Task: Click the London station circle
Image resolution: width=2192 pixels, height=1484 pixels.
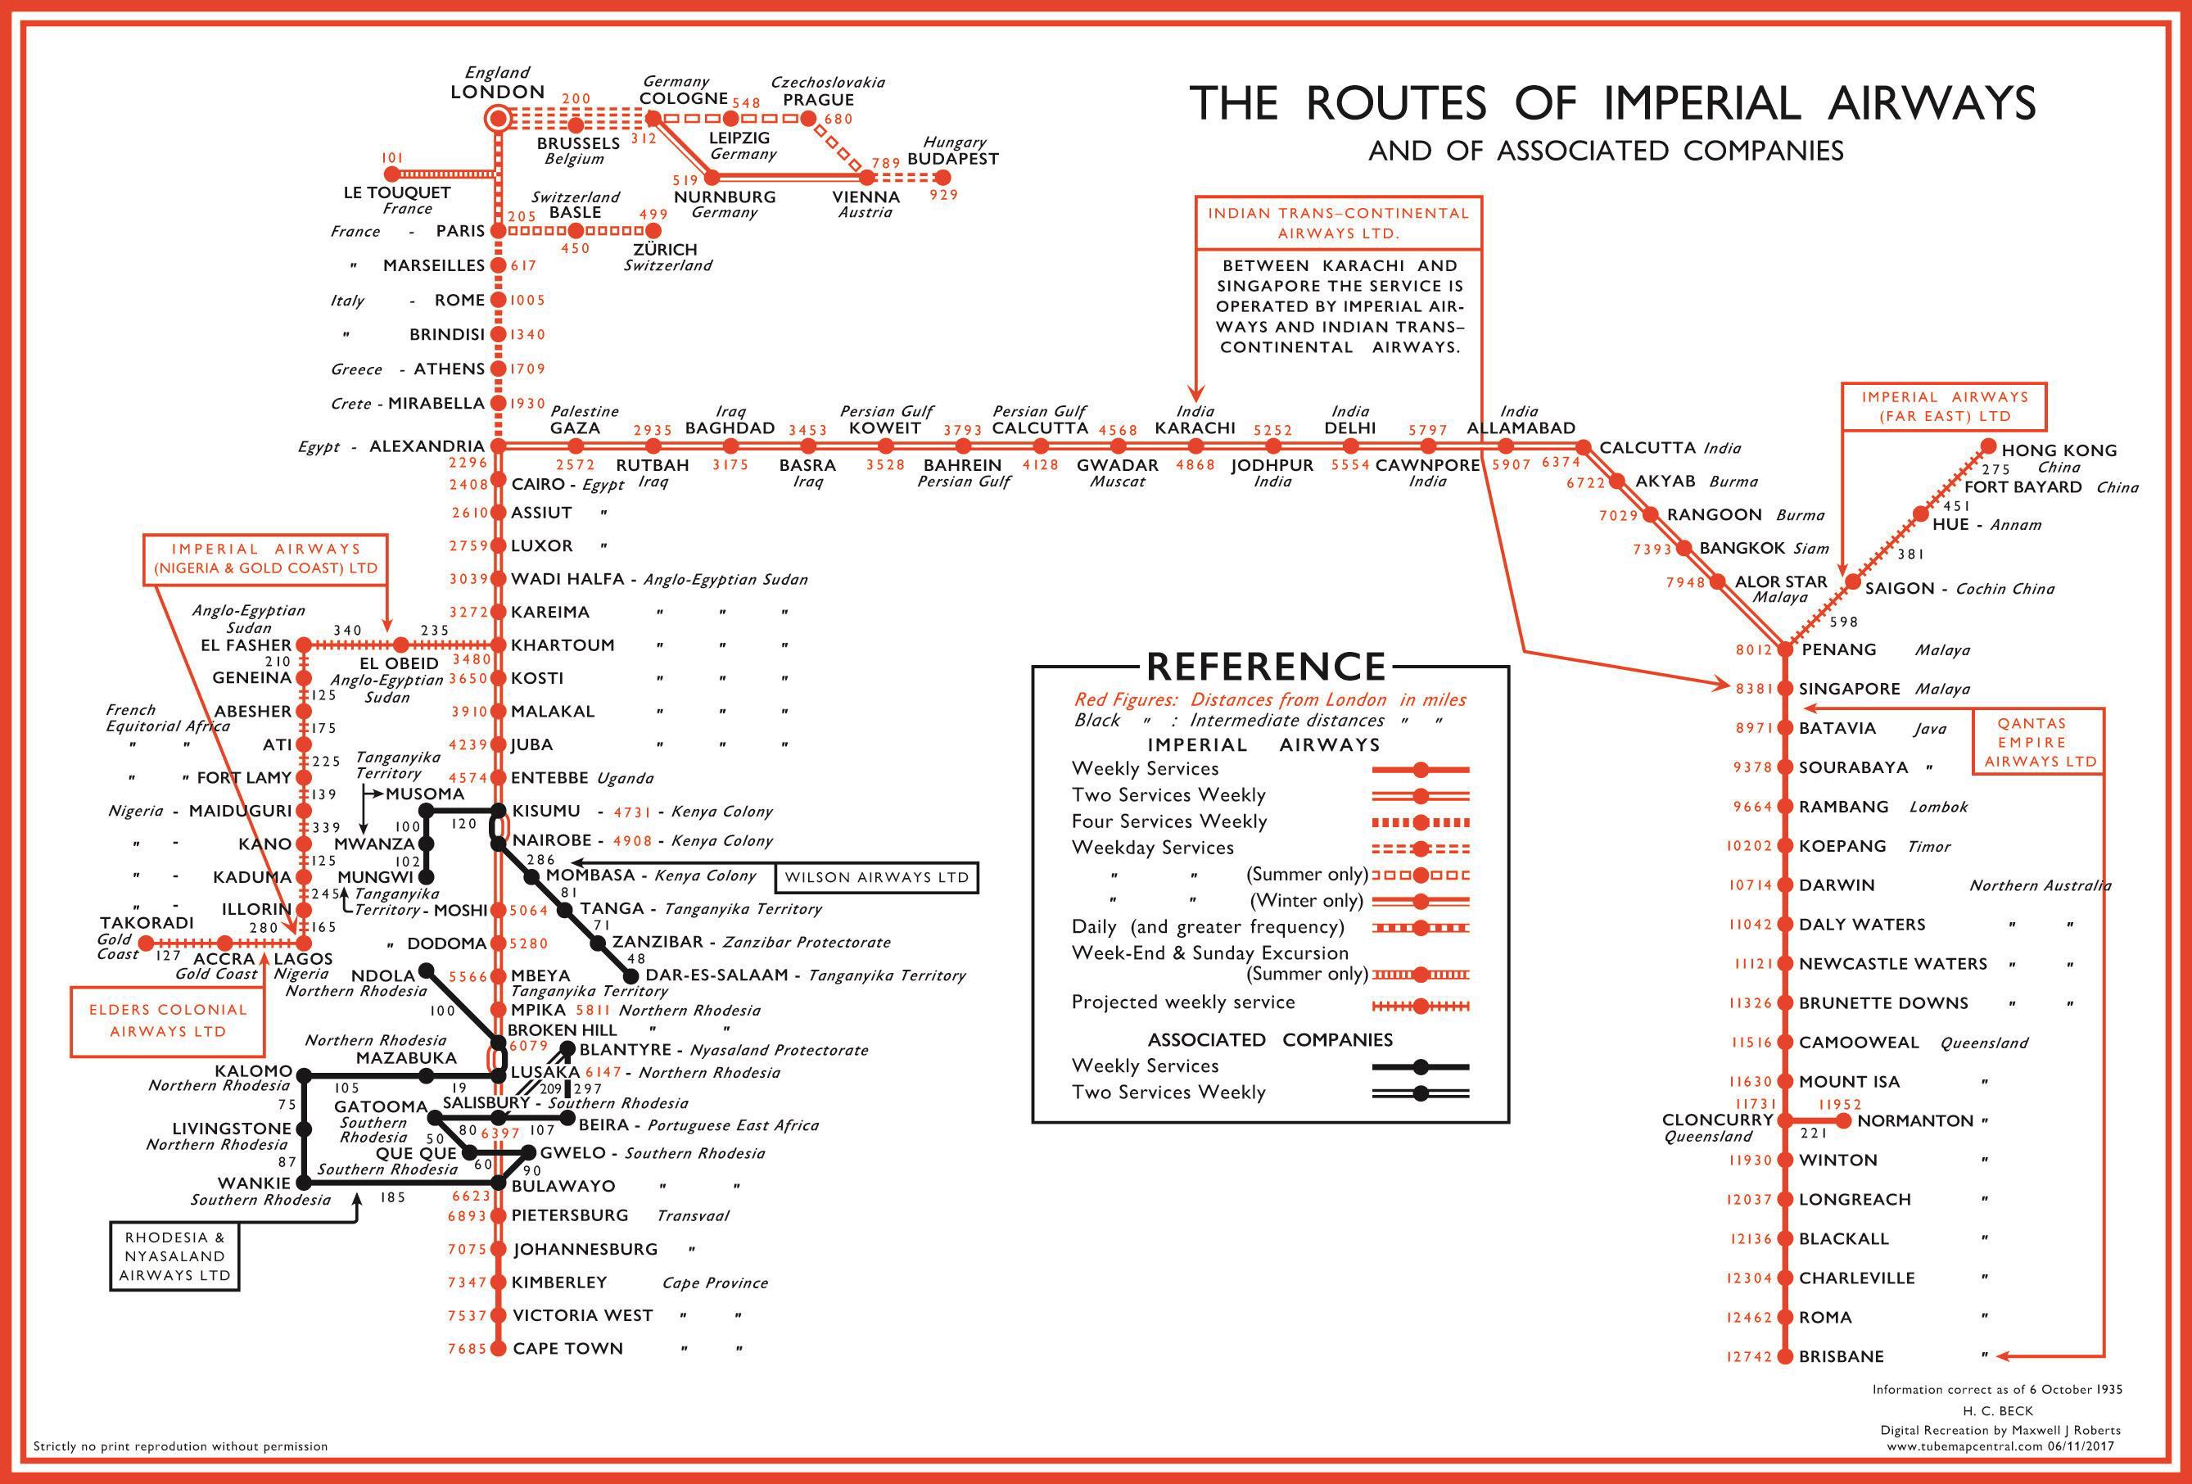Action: [497, 119]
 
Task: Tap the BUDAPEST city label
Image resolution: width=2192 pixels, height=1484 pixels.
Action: [951, 159]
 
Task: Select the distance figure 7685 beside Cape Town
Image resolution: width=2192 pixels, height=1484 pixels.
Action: [467, 1349]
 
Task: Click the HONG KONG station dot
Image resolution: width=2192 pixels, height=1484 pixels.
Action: [1988, 446]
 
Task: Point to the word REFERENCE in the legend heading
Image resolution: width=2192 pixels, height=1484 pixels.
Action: [1266, 666]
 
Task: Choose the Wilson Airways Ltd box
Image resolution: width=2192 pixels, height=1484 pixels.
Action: [876, 877]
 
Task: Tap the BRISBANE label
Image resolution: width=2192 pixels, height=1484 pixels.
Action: [1840, 1356]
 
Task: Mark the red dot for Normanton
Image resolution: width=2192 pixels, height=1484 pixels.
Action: [1844, 1121]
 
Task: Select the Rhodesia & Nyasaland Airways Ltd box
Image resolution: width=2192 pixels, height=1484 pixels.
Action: [174, 1256]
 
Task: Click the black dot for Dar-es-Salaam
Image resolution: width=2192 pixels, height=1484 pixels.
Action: [631, 975]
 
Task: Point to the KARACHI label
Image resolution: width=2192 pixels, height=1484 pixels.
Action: [1195, 428]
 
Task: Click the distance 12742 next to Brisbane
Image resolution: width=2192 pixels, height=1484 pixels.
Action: [1750, 1356]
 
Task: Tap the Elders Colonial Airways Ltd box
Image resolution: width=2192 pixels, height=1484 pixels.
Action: [168, 1020]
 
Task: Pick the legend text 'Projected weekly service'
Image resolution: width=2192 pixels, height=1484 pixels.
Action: [1182, 1002]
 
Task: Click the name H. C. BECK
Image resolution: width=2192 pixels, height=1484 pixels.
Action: [1998, 1410]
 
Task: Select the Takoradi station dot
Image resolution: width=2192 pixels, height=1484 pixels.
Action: [145, 943]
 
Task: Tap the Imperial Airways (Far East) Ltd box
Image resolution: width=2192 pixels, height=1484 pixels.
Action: [1945, 406]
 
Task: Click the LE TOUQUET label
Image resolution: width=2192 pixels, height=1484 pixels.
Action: [396, 192]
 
